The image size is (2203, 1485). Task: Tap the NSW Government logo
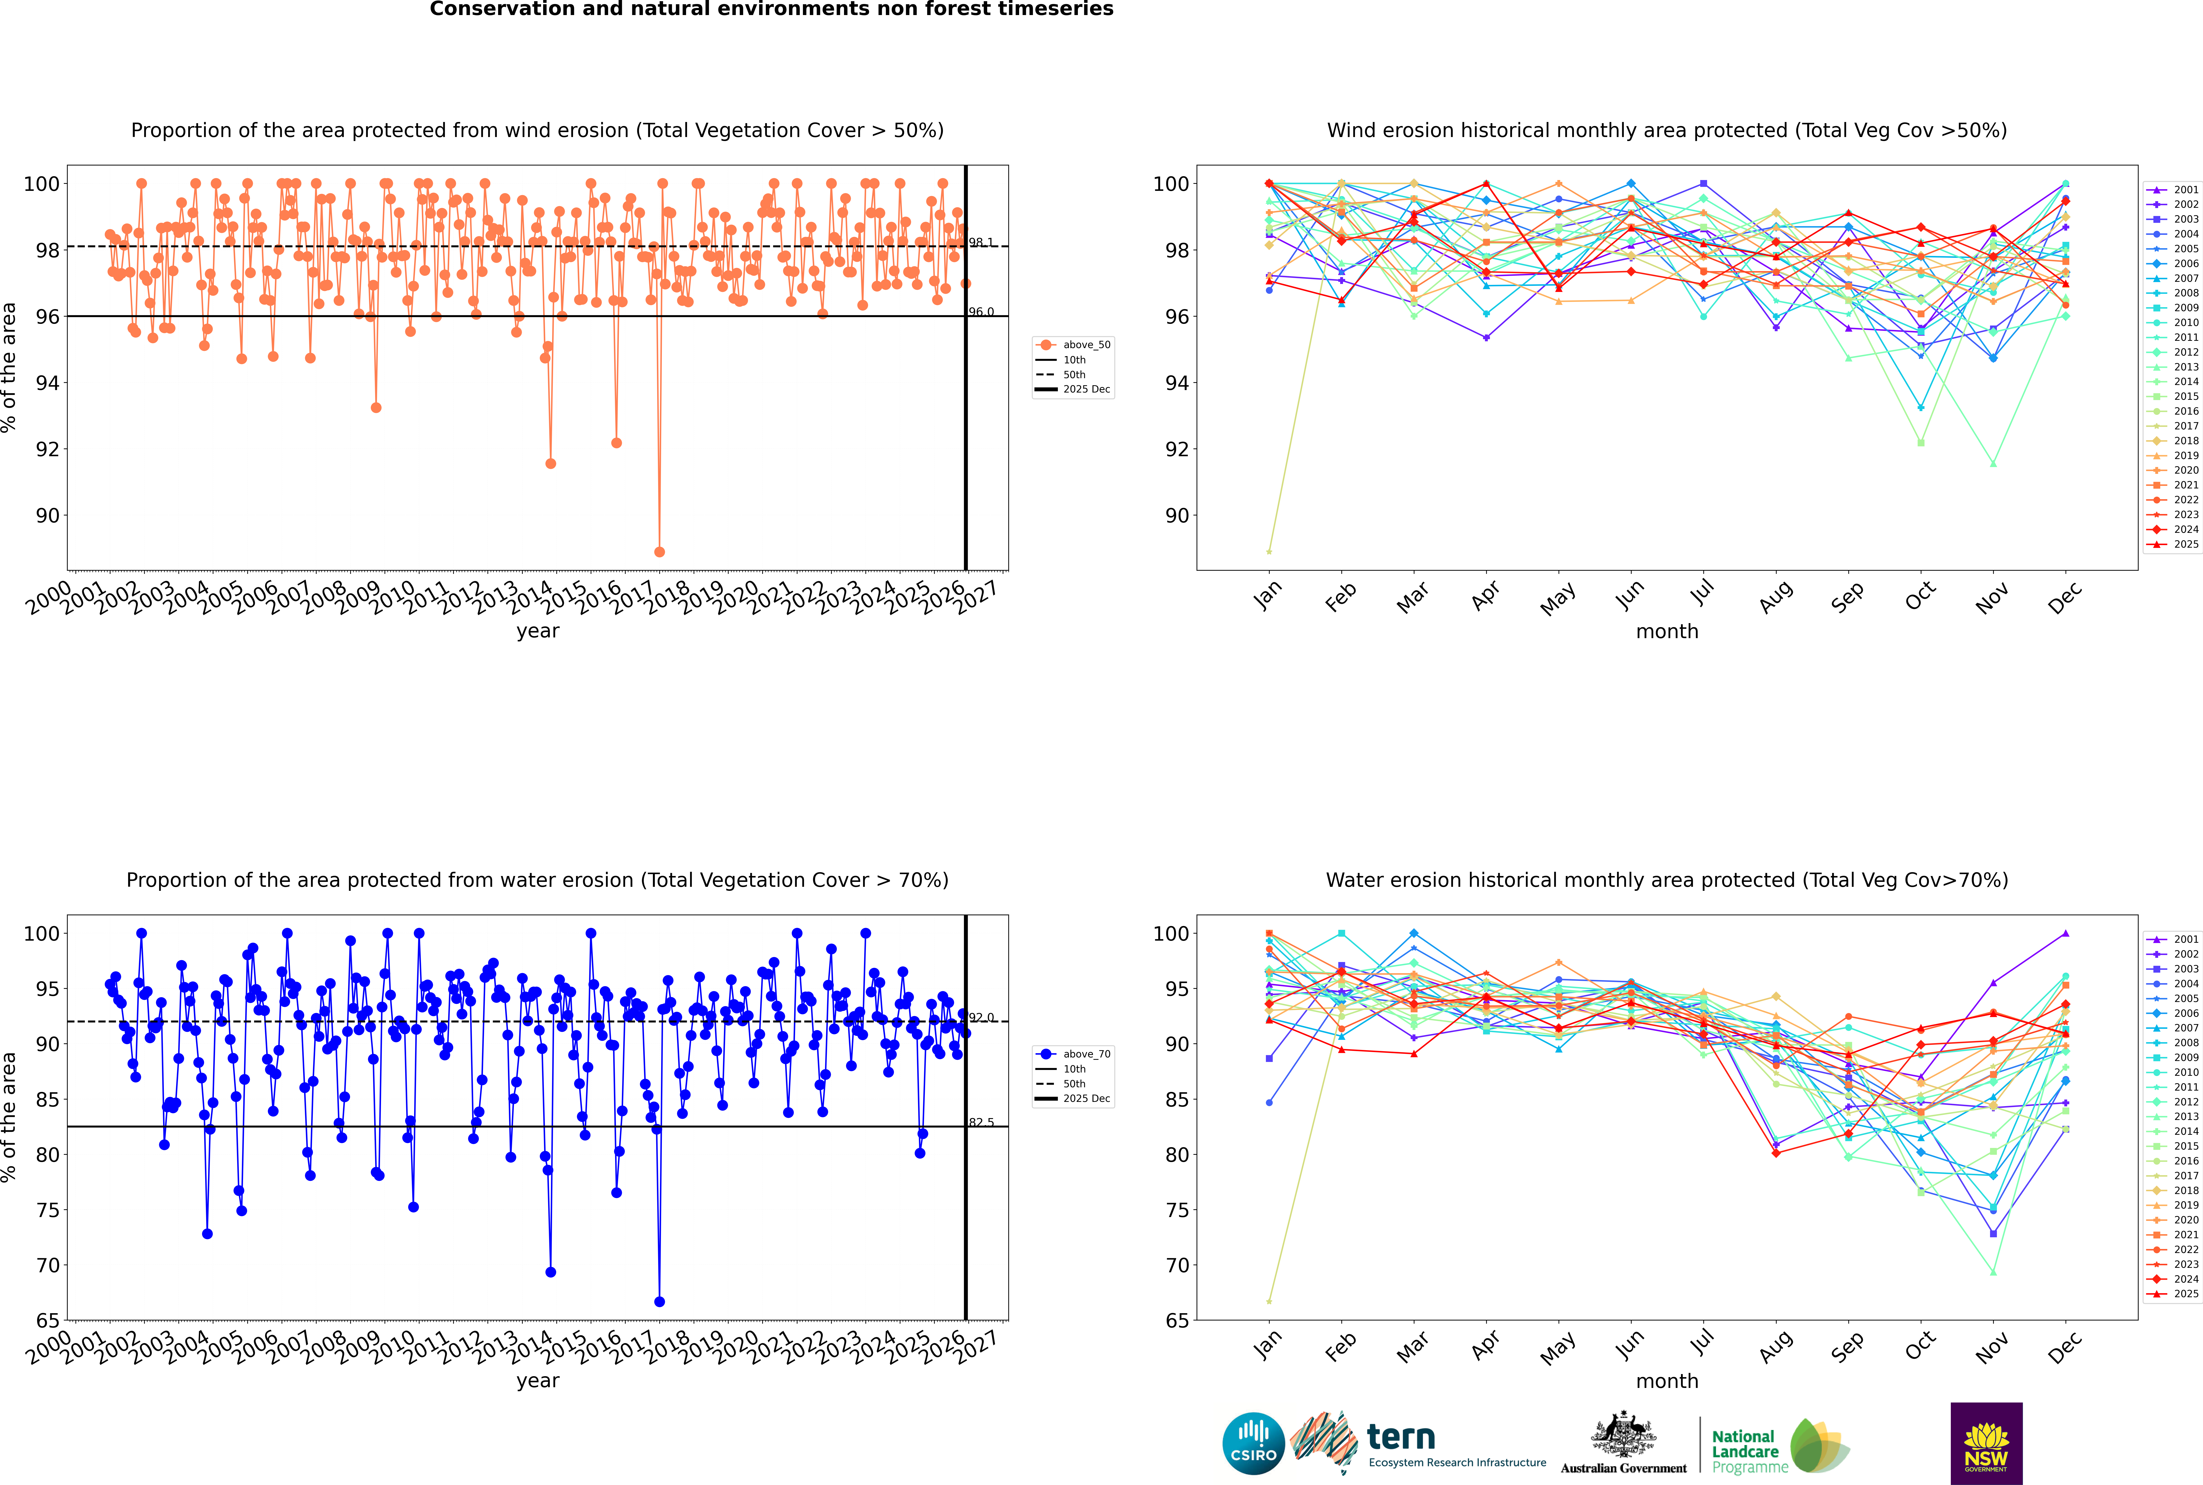[x=1986, y=1442]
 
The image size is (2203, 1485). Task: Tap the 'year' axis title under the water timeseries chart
[x=538, y=1381]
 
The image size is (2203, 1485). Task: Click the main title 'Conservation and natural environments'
[x=771, y=9]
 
